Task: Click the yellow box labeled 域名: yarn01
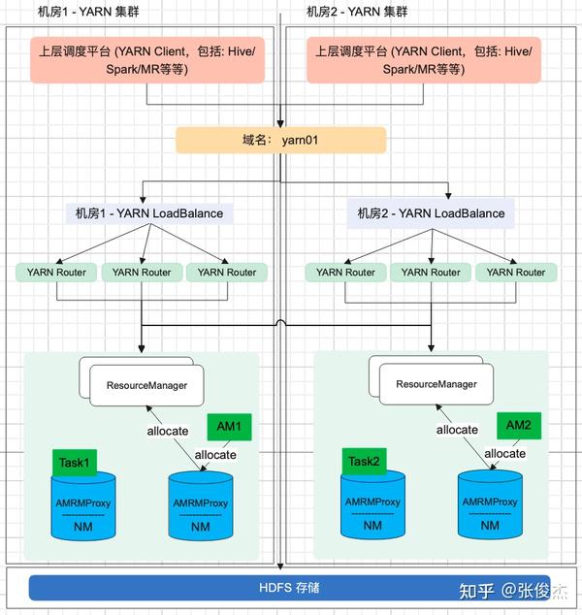(x=280, y=140)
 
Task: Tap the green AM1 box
(x=230, y=427)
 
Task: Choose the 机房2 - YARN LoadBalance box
(x=431, y=213)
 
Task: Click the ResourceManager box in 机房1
(x=146, y=385)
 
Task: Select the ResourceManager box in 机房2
(x=436, y=384)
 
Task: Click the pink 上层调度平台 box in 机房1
(x=145, y=60)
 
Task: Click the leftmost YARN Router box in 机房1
(x=56, y=273)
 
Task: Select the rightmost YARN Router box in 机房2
(x=516, y=273)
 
